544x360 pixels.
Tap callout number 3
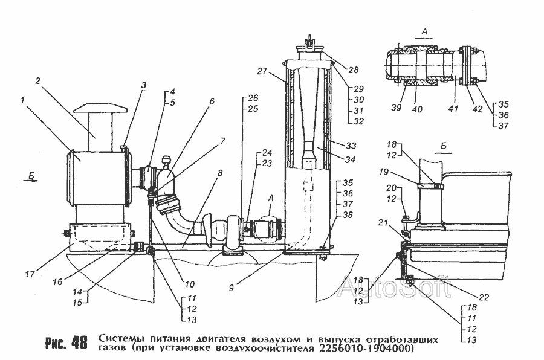coord(144,86)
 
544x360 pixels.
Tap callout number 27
coord(262,70)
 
